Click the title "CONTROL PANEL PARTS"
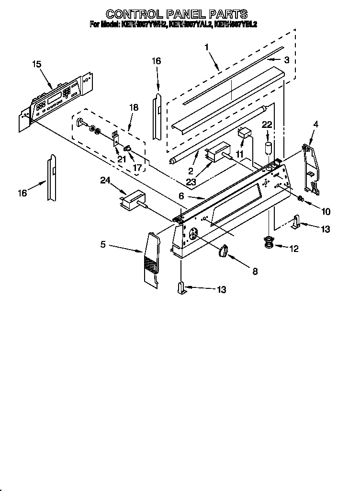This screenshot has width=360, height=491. point(176,13)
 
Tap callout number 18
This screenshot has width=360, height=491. point(134,108)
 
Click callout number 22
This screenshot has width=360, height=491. point(267,125)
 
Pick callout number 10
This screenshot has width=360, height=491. point(326,211)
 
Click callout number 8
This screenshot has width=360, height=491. point(255,271)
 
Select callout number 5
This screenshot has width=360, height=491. point(103,245)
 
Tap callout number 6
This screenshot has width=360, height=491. point(181,196)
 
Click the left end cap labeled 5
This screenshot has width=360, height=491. point(152,259)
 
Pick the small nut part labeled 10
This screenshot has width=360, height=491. point(301,199)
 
